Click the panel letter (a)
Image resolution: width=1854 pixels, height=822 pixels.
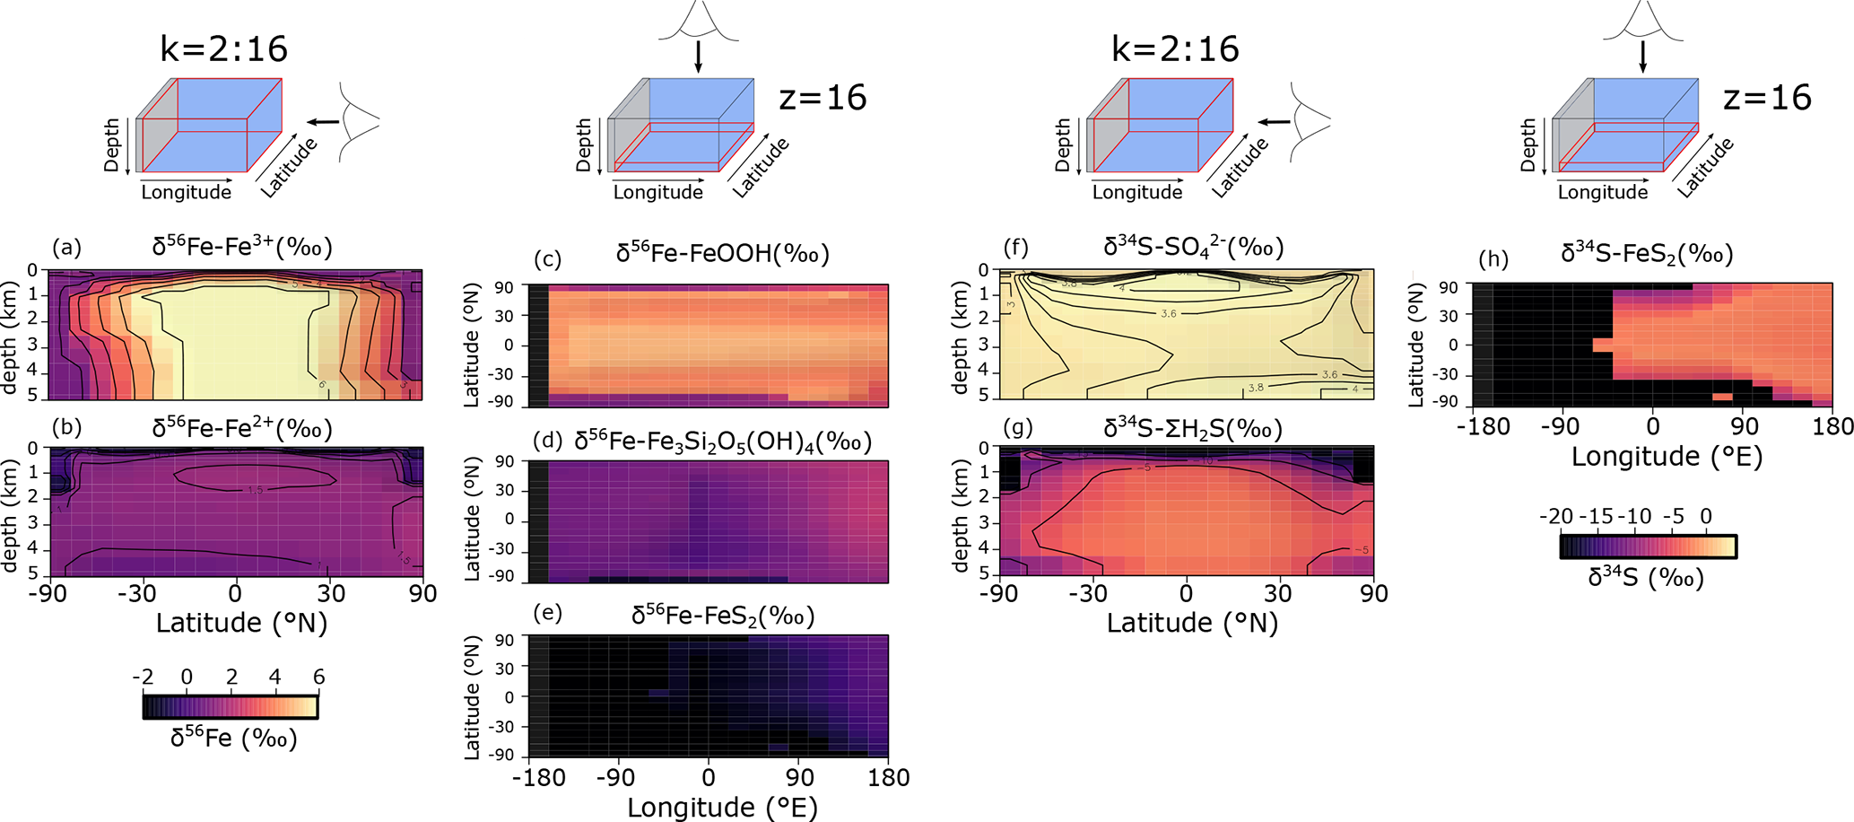[x=66, y=248]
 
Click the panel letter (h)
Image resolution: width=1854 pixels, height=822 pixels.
[x=1493, y=259]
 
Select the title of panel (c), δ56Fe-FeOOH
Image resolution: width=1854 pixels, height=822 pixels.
[x=722, y=254]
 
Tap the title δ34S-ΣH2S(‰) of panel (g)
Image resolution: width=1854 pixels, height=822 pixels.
[x=1192, y=429]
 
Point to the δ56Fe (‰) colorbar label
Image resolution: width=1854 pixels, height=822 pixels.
[x=233, y=738]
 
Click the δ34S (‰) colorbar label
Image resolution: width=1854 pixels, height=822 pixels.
[x=1646, y=577]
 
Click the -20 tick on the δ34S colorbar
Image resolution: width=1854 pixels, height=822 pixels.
[x=1555, y=517]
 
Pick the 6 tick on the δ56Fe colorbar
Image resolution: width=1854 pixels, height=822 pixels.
[x=318, y=678]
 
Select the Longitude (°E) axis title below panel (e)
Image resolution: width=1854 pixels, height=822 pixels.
[x=722, y=807]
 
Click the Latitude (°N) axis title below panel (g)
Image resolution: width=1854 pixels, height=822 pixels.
[x=1192, y=622]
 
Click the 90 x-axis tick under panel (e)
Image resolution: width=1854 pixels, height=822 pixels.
[x=799, y=777]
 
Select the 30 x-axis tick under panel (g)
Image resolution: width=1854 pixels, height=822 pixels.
[x=1278, y=593]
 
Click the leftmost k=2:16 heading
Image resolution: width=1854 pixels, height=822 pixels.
[x=223, y=49]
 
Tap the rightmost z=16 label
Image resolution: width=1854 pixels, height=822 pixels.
[x=1767, y=97]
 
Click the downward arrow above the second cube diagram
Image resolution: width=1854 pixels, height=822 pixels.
[x=698, y=56]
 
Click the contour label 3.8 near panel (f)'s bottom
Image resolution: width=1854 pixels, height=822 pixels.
[x=1255, y=388]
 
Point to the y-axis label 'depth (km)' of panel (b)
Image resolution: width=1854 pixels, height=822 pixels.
[x=11, y=512]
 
